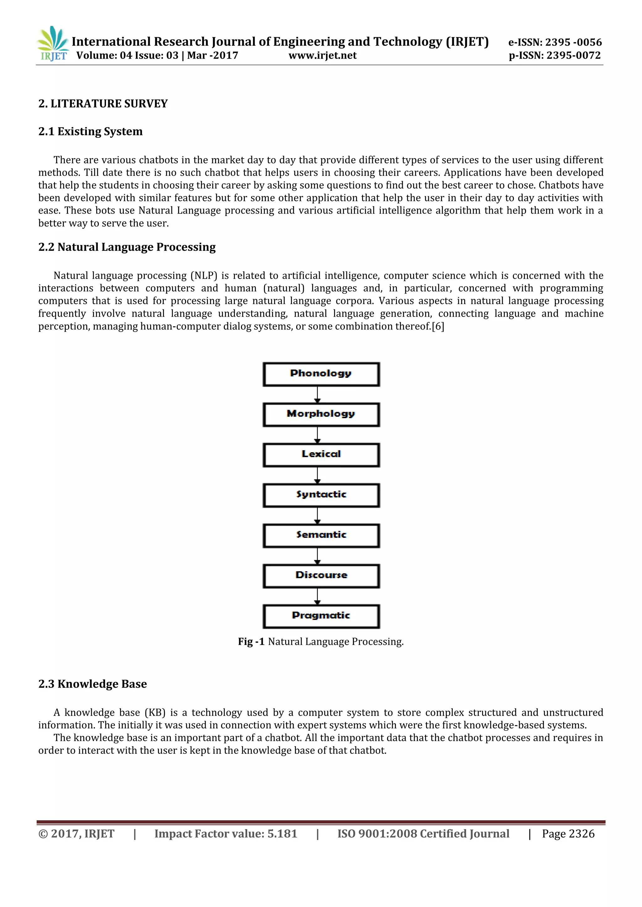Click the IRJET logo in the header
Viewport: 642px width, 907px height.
point(53,44)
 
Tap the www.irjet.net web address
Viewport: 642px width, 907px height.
point(323,55)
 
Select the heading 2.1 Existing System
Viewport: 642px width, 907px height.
point(91,132)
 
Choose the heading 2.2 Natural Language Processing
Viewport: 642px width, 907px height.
point(127,247)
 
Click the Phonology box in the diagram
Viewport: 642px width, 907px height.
point(321,374)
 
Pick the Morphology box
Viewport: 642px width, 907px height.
point(321,414)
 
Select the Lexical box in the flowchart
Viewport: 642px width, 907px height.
point(321,455)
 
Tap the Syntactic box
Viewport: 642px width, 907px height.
point(321,495)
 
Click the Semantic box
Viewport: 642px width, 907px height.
point(321,535)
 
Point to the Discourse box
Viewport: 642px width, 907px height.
point(321,576)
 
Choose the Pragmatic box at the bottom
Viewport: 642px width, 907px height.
point(321,616)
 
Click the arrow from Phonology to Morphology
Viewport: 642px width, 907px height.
point(317,395)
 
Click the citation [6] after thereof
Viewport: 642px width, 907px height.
point(438,327)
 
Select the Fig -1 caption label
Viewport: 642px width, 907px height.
point(251,641)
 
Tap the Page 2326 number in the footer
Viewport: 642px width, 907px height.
point(568,833)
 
